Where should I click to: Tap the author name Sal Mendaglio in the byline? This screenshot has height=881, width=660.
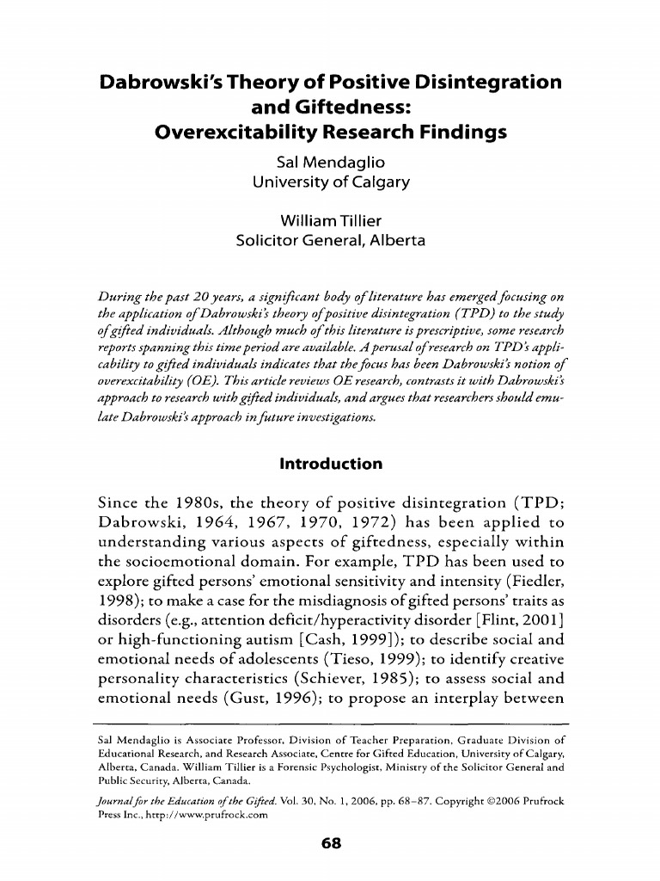[330, 162]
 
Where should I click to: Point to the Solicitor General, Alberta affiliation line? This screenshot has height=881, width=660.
[330, 241]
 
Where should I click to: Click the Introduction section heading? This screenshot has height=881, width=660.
[331, 465]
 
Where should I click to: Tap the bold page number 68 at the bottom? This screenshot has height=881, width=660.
[331, 844]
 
